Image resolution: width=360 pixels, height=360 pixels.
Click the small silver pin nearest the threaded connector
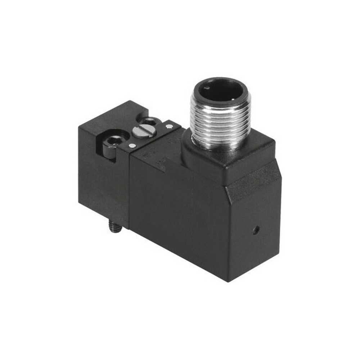point(169,126)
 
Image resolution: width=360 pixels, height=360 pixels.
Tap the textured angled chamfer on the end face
point(254,182)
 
